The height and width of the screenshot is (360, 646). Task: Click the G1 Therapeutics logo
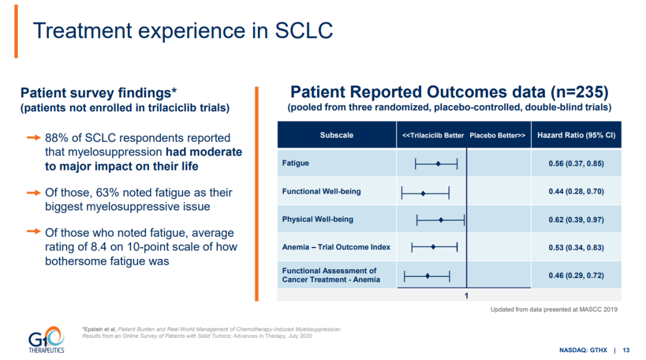pos(46,340)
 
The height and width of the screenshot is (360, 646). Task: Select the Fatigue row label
pos(295,163)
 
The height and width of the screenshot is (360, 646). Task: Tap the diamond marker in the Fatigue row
pos(438,164)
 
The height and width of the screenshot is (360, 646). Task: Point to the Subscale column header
pos(337,135)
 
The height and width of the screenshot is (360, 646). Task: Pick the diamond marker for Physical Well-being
pos(441,220)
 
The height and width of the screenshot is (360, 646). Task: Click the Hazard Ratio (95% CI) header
pos(576,135)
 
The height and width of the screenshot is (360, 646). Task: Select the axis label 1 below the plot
pos(467,296)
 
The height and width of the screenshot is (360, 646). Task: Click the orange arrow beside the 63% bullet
pos(33,193)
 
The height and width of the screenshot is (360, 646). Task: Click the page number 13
pos(626,350)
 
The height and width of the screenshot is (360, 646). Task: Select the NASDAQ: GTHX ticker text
pos(583,350)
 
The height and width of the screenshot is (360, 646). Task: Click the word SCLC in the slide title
pos(304,30)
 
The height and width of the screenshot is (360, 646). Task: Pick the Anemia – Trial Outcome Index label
pos(336,247)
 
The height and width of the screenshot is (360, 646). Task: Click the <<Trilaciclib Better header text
pos(433,136)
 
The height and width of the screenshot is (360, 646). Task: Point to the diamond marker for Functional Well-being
pos(423,193)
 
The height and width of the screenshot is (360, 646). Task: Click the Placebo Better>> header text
pos(497,136)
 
